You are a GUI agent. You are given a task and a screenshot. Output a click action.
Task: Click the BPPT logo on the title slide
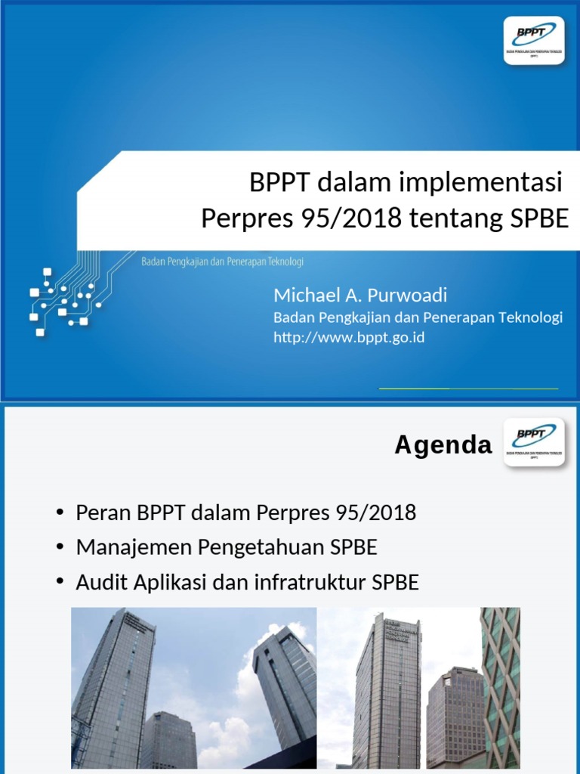pyautogui.click(x=534, y=40)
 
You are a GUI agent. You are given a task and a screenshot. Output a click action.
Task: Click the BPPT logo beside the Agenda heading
pyautogui.click(x=534, y=444)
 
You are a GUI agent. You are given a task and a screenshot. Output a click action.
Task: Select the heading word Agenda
pyautogui.click(x=443, y=446)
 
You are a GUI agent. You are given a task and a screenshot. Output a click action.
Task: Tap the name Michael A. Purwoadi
pyautogui.click(x=360, y=295)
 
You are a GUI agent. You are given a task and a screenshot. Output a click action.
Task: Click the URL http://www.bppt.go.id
pyautogui.click(x=349, y=337)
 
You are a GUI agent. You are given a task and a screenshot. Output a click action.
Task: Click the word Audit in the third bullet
pyautogui.click(x=99, y=583)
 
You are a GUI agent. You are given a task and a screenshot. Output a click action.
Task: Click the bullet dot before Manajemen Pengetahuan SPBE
pyautogui.click(x=60, y=548)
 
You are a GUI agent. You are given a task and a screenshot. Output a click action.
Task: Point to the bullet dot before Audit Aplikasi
pyautogui.click(x=60, y=584)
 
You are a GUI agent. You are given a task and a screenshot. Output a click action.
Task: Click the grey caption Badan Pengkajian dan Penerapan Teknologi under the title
pyautogui.click(x=223, y=262)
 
